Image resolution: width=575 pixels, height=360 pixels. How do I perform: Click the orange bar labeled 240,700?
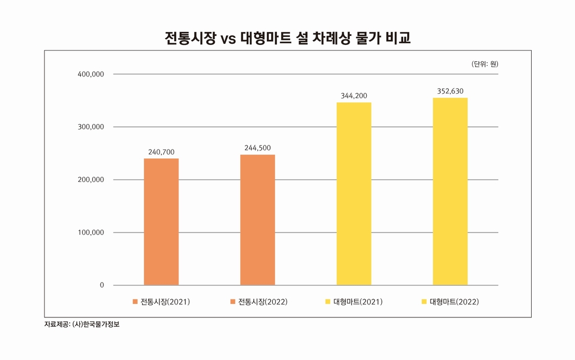tap(161, 222)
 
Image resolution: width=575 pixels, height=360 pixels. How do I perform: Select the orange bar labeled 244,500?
tap(258, 220)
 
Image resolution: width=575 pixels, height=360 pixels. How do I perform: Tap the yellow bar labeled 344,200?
tap(354, 194)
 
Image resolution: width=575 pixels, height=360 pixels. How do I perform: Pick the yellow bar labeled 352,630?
tap(450, 192)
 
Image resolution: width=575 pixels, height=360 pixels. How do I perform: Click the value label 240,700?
tap(161, 152)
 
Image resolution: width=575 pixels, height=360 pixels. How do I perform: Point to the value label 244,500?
tap(257, 148)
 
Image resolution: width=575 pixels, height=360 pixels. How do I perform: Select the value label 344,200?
tap(354, 96)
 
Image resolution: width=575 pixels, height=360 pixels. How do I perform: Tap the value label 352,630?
tap(450, 91)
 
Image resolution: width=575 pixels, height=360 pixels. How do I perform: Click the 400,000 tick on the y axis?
tap(91, 74)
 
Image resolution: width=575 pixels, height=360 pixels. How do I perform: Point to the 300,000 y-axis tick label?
tap(91, 127)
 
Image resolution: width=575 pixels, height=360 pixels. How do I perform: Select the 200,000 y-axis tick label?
tap(91, 180)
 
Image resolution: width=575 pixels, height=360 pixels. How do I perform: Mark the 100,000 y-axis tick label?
tap(91, 233)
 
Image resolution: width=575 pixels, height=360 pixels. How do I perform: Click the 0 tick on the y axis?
tap(102, 285)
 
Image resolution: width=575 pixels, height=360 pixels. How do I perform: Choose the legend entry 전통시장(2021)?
tap(161, 302)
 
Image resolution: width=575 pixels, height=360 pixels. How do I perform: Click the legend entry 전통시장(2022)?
tap(258, 302)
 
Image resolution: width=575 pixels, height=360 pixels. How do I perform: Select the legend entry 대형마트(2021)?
tap(354, 302)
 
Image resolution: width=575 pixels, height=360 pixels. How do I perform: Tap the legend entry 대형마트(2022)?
tap(450, 302)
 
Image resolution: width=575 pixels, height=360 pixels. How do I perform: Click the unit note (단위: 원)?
tap(485, 64)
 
